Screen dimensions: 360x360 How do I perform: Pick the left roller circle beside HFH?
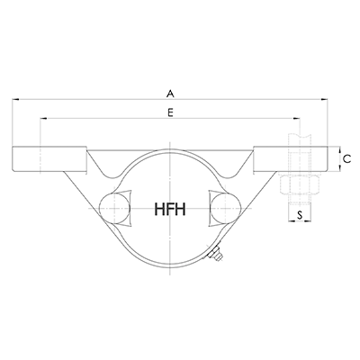point(114,209)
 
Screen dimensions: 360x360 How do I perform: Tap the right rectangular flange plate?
point(290,159)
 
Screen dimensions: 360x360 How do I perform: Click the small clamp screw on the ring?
point(216,260)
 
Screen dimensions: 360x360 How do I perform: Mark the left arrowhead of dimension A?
point(15,99)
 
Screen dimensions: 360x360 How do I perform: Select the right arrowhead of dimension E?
point(301,120)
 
